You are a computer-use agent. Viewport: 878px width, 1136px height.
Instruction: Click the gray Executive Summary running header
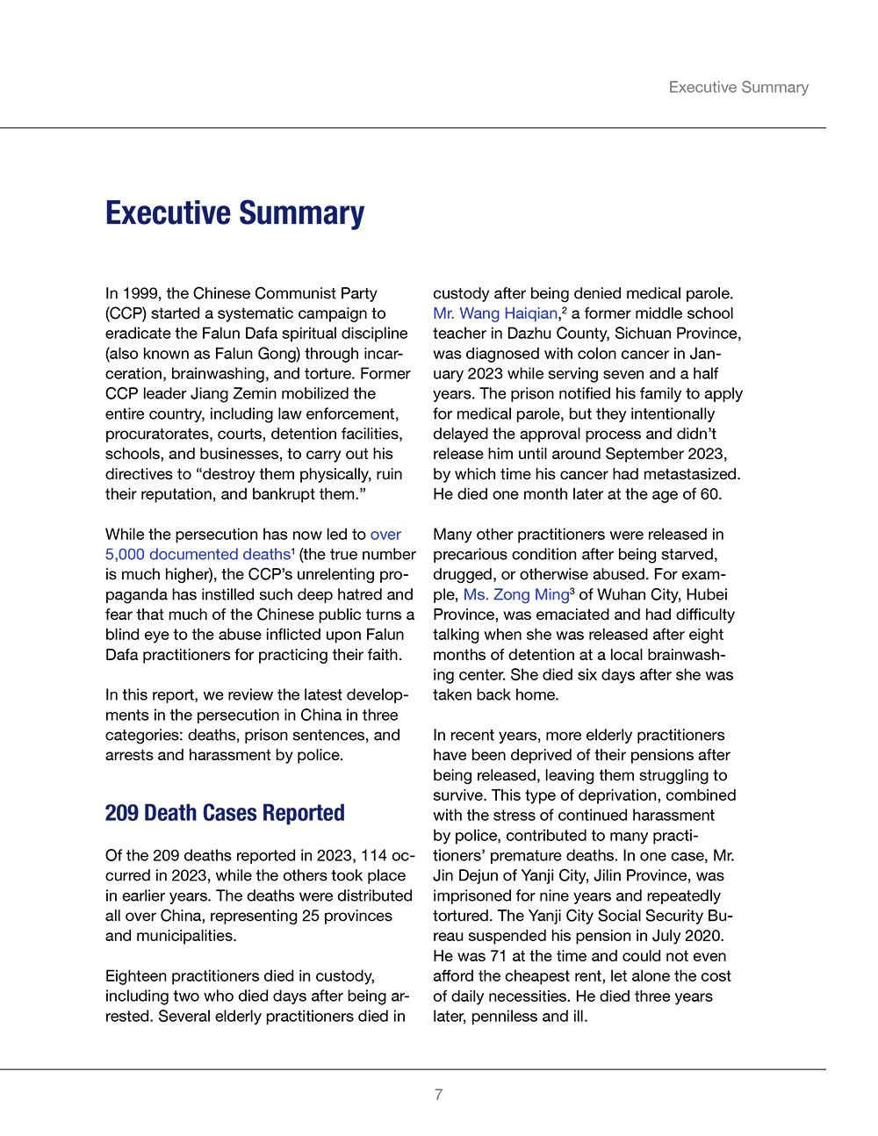tap(738, 87)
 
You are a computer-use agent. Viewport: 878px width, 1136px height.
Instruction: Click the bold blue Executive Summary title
tap(234, 213)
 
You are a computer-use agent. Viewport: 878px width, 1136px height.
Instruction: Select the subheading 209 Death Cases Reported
tap(225, 813)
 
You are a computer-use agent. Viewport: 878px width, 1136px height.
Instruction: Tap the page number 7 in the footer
tap(439, 1095)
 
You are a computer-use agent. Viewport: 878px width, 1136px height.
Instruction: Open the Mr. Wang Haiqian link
tap(495, 313)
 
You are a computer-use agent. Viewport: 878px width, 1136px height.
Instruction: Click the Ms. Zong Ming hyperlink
tap(516, 594)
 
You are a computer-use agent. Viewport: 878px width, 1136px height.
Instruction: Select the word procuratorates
tap(161, 434)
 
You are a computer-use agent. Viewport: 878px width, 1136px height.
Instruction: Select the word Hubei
tap(707, 594)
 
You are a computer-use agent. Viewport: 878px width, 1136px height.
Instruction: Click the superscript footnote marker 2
tap(565, 309)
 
